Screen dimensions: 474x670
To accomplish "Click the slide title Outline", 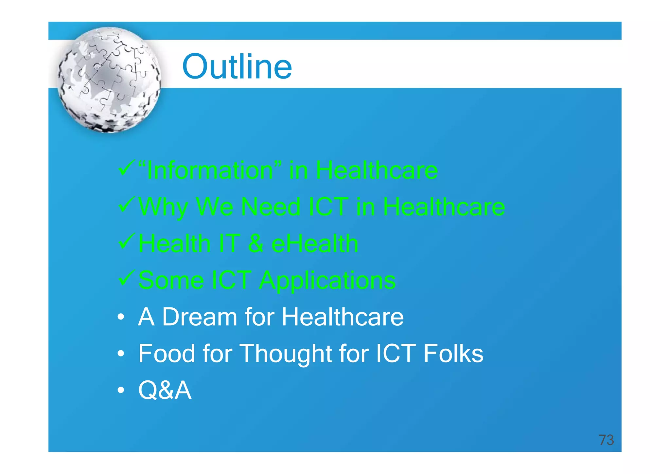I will tap(237, 67).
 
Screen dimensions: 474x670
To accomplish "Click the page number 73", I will tap(606, 440).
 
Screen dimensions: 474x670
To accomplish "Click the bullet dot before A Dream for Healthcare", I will tap(121, 317).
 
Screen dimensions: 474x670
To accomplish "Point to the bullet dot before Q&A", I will tap(121, 390).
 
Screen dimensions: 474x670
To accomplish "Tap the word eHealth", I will tap(315, 244).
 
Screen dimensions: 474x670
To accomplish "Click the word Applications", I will tap(327, 281).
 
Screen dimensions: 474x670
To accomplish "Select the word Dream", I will tap(200, 317).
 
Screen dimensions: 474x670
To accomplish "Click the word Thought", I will tap(286, 354).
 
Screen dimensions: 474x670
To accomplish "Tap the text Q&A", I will tap(165, 390).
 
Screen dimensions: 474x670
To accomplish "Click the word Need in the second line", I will tap(271, 207).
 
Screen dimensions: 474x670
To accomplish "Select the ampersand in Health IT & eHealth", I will tap(256, 244).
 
